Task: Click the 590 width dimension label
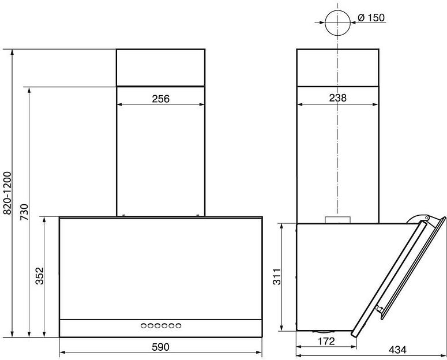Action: [160, 347]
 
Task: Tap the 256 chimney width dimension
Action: [160, 99]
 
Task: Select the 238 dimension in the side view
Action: [338, 98]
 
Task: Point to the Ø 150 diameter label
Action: [371, 18]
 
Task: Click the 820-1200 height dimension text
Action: [7, 193]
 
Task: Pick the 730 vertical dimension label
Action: [25, 212]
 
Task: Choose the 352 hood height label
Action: [40, 276]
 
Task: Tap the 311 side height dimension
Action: [277, 276]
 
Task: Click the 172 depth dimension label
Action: [326, 341]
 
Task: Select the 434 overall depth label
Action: [397, 350]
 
